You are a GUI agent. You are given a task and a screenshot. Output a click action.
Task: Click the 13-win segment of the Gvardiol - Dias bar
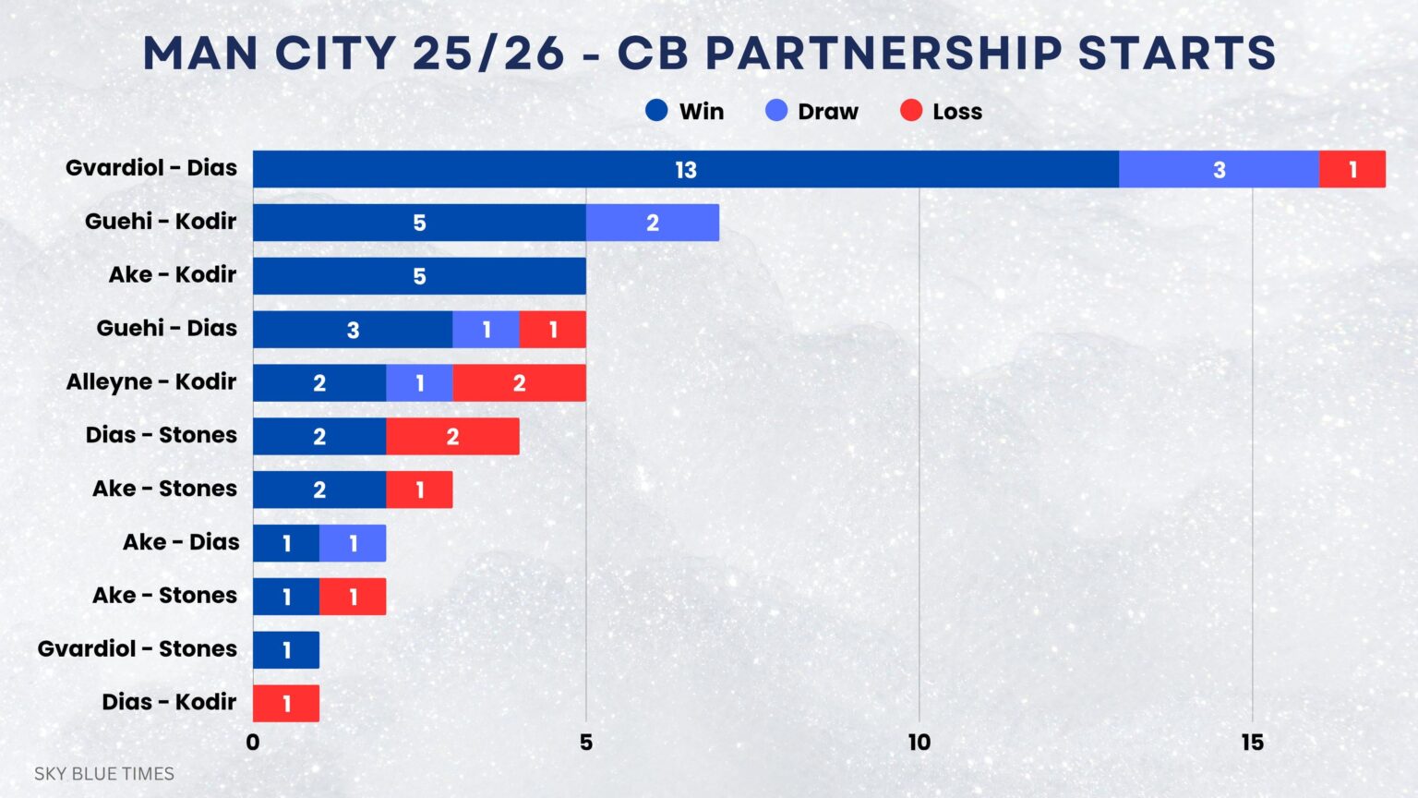pos(685,169)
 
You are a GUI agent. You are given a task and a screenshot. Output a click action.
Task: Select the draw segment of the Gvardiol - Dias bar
pos(1219,169)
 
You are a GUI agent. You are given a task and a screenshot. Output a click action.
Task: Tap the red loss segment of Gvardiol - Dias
pos(1352,169)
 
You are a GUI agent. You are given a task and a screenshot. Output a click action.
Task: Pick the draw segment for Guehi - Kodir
pos(652,223)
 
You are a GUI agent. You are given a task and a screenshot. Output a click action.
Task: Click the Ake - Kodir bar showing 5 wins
pos(419,276)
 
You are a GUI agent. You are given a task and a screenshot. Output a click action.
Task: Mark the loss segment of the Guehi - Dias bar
pos(552,330)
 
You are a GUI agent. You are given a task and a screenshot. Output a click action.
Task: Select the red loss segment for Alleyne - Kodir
pos(519,383)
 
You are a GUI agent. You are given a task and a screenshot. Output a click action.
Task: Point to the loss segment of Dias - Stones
pos(452,436)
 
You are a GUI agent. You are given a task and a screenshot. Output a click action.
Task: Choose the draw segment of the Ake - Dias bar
pos(353,543)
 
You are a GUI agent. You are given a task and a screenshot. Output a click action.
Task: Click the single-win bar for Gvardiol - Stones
pos(286,650)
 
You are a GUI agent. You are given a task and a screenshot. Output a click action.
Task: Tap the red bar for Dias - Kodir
pos(286,704)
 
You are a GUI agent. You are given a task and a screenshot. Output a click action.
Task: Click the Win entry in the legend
pos(685,112)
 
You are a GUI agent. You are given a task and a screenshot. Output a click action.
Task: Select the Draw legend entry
pos(812,112)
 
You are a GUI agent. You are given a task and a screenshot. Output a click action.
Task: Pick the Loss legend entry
pos(942,112)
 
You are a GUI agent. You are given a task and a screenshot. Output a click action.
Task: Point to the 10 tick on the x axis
pos(919,743)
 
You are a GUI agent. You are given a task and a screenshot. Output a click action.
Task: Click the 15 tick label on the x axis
pos(1252,743)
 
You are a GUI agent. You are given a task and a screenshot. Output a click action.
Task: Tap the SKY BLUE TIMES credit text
pos(104,774)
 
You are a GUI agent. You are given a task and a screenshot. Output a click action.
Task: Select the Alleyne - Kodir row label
pos(151,381)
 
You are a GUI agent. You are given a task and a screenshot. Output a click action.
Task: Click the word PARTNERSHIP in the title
pos(883,53)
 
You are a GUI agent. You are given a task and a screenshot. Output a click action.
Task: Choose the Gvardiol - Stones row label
pos(138,648)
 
